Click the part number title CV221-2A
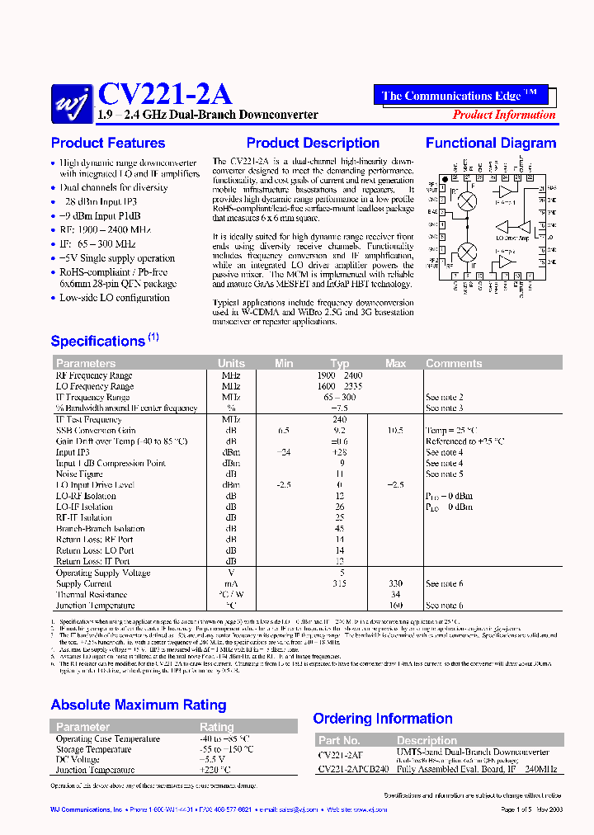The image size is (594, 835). (164, 93)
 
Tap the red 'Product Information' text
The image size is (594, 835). (504, 115)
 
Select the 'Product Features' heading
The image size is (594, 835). (108, 143)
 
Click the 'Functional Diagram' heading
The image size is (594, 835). (491, 143)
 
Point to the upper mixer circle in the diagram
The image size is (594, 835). (467, 200)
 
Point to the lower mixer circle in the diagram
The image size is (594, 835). (467, 250)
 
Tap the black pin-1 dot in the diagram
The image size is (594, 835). (445, 178)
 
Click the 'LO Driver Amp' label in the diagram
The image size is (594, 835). (511, 238)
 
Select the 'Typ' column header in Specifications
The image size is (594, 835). (340, 363)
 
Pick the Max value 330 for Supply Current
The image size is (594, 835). (396, 583)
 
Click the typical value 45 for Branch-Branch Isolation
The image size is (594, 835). (340, 529)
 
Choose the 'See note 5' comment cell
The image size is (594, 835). (444, 474)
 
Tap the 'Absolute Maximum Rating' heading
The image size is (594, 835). (139, 705)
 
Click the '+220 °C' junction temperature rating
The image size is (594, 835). (214, 770)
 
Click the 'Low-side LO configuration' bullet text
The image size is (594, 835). (115, 298)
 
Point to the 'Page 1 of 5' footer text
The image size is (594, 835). (518, 810)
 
